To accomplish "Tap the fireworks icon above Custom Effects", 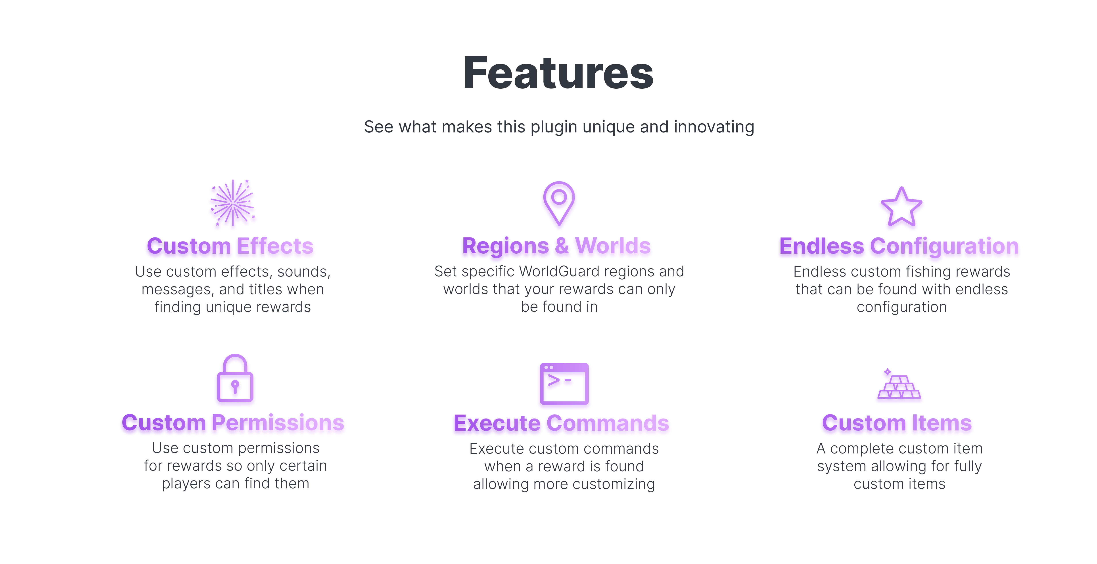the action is [x=232, y=203].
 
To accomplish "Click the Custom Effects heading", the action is [x=230, y=246].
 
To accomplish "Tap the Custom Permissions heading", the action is [x=233, y=423].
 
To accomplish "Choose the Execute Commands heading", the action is [x=561, y=423].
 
